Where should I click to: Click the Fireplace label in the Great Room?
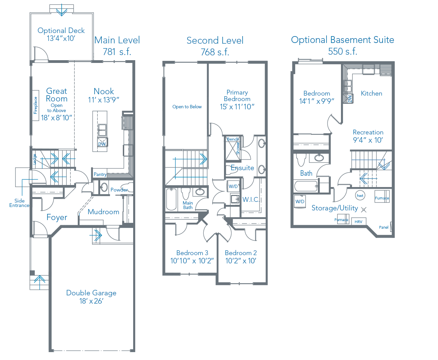click(x=35, y=105)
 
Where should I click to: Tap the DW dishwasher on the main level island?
click(x=103, y=142)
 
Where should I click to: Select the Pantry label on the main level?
click(x=100, y=174)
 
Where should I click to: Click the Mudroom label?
click(x=104, y=212)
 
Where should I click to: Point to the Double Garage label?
click(x=91, y=293)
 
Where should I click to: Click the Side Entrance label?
click(x=19, y=203)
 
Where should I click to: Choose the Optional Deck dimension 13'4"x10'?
click(x=61, y=39)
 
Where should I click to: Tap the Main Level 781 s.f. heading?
click(x=117, y=46)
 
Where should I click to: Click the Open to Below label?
click(x=187, y=107)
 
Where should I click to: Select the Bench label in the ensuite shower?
click(x=233, y=139)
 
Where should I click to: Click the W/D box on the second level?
click(x=233, y=186)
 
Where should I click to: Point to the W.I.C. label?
click(x=251, y=200)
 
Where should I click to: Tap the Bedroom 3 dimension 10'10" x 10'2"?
click(x=192, y=261)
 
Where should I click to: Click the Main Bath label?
click(x=188, y=205)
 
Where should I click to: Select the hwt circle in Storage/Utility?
click(x=360, y=195)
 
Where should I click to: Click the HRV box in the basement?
click(x=359, y=221)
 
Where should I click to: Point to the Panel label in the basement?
click(x=384, y=227)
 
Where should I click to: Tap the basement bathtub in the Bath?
click(x=306, y=186)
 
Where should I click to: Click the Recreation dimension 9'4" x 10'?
click(x=368, y=140)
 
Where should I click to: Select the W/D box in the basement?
click(x=300, y=201)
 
